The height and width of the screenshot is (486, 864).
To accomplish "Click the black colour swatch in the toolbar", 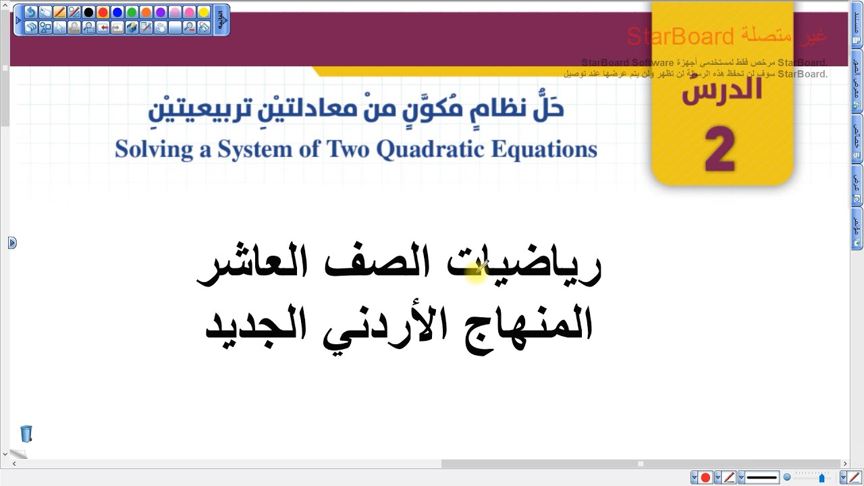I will pyautogui.click(x=88, y=13).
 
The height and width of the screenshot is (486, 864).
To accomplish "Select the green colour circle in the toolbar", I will pyautogui.click(x=132, y=13).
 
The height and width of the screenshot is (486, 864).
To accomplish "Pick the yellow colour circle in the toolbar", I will pyautogui.click(x=204, y=13).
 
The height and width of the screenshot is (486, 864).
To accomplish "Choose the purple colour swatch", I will pyautogui.click(x=161, y=13).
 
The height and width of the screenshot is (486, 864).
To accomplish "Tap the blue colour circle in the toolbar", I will pyautogui.click(x=117, y=13).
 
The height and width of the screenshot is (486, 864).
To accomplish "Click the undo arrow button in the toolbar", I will pyautogui.click(x=31, y=13).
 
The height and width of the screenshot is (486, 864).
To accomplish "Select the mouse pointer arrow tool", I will pyautogui.click(x=60, y=28).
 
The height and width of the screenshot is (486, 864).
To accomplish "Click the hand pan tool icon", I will pyautogui.click(x=161, y=28).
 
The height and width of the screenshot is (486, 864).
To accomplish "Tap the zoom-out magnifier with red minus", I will pyautogui.click(x=190, y=28).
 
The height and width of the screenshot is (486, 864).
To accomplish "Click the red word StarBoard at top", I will pyautogui.click(x=680, y=36).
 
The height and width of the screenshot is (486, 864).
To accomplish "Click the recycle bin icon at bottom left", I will pyautogui.click(x=26, y=433).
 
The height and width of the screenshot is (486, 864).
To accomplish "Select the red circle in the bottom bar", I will pyautogui.click(x=705, y=478).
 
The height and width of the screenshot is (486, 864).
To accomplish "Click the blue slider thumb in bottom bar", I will pyautogui.click(x=821, y=478).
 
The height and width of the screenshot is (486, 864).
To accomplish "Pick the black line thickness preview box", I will pyautogui.click(x=762, y=478).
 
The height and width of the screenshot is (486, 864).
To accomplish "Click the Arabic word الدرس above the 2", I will pyautogui.click(x=722, y=89).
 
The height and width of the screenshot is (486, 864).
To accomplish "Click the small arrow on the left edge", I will pyautogui.click(x=12, y=242).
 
